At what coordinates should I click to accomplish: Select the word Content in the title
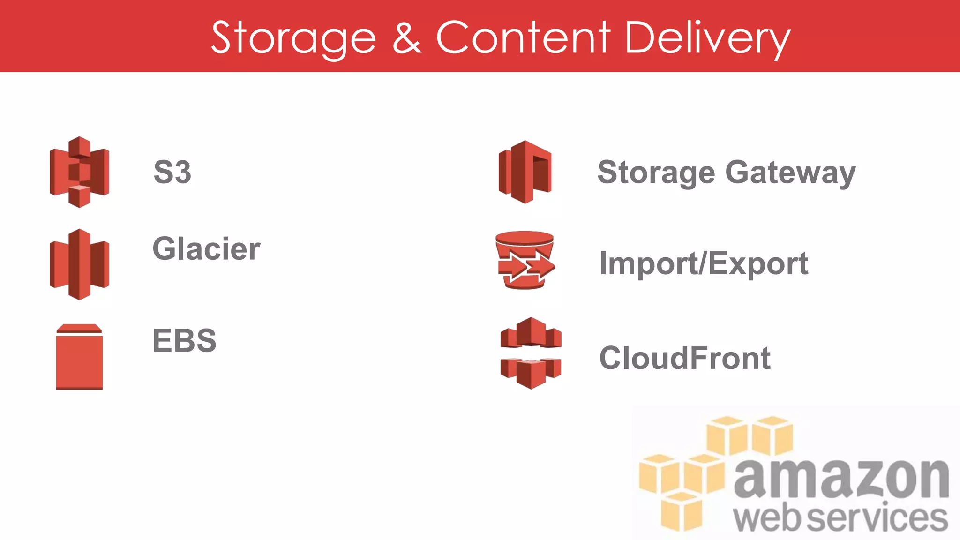point(523,37)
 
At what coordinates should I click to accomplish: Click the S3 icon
point(79,172)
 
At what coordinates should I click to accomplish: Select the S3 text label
point(172,172)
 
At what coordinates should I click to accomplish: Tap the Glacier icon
point(79,264)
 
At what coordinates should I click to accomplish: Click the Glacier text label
point(206,248)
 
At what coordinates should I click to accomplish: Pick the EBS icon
point(79,357)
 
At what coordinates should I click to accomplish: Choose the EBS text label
point(185,340)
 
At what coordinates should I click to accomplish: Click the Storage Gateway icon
point(525,172)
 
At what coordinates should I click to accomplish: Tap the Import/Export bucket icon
point(525,260)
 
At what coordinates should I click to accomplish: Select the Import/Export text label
point(704,263)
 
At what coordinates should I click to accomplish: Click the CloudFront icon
point(531,352)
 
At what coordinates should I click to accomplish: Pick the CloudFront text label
point(685,358)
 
